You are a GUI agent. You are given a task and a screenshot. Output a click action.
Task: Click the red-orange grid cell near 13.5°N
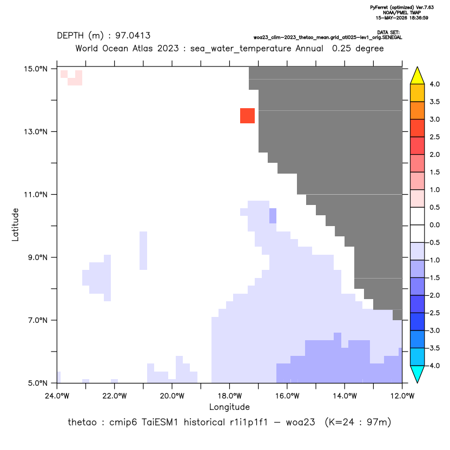[247, 116]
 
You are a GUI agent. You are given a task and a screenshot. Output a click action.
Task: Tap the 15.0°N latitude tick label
[36, 69]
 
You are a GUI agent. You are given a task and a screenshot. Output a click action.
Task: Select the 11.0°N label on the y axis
[36, 195]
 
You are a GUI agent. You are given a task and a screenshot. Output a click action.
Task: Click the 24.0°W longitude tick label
[57, 396]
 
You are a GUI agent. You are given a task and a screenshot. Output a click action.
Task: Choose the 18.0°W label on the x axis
[229, 396]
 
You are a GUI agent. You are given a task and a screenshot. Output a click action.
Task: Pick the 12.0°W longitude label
[402, 396]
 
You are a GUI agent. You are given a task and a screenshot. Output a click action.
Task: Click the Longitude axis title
[229, 407]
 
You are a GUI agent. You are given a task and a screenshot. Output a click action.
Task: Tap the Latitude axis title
[15, 224]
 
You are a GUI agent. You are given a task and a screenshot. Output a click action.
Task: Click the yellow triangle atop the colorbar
[418, 76]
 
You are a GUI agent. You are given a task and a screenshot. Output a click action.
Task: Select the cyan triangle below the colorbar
[418, 374]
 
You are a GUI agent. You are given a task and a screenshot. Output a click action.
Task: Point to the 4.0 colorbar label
[434, 84]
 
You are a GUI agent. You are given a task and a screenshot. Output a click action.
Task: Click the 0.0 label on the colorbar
[434, 225]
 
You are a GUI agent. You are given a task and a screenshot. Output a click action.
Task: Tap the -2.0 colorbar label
[433, 295]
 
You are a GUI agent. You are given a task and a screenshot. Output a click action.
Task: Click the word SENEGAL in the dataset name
[393, 38]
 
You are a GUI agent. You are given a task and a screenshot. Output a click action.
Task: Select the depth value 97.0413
[133, 36]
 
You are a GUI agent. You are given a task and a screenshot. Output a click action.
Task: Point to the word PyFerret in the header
[379, 8]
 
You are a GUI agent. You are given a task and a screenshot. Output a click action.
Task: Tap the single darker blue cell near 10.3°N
[273, 216]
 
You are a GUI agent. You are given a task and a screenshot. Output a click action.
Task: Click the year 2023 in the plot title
[168, 48]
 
